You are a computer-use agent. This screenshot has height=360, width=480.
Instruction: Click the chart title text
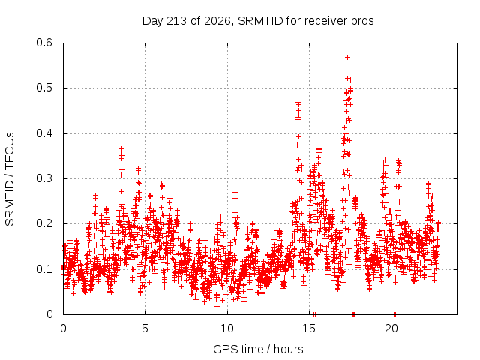[x=258, y=21]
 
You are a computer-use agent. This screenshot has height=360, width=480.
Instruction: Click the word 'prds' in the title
[x=363, y=22]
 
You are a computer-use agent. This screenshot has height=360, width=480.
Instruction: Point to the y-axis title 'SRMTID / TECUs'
[x=10, y=179]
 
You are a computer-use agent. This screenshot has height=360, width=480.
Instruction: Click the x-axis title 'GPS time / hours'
[x=258, y=349]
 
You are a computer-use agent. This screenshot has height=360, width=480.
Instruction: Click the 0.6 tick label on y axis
[x=44, y=43]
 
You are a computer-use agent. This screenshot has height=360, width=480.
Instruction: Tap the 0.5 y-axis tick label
[x=44, y=88]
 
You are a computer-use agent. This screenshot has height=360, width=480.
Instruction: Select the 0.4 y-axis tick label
[x=44, y=133]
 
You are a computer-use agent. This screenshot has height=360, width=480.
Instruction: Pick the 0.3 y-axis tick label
[x=44, y=178]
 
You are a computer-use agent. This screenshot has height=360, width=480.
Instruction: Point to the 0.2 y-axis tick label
[x=44, y=223]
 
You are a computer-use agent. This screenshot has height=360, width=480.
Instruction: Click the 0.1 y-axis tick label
[x=44, y=269]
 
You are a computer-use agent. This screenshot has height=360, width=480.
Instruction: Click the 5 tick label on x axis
[x=145, y=328]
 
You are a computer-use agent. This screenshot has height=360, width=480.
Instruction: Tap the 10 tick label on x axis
[x=227, y=328]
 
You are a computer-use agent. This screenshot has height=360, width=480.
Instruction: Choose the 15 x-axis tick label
[x=309, y=328]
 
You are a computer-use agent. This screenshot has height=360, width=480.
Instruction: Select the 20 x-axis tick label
[x=391, y=328]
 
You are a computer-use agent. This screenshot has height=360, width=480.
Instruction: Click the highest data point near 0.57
[x=347, y=57]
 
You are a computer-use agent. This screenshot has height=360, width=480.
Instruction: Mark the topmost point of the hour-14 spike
[x=298, y=103]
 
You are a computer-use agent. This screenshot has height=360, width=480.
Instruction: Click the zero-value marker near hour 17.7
[x=353, y=314]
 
